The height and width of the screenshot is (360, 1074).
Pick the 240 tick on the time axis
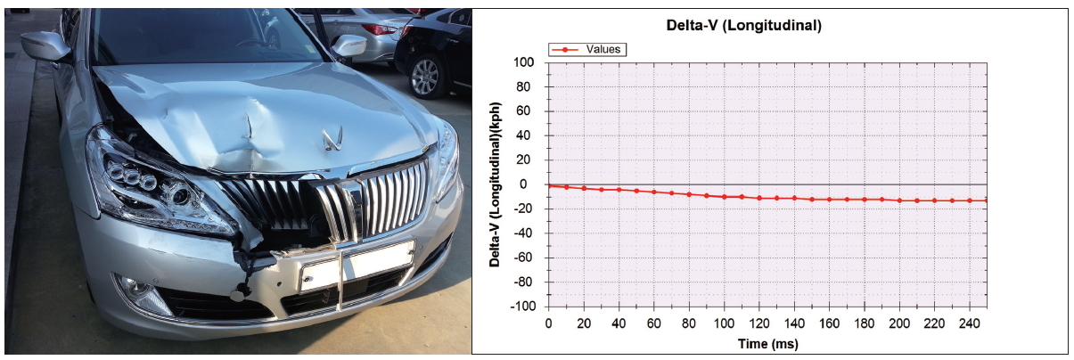point(969,322)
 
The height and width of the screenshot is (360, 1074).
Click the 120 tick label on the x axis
point(758,322)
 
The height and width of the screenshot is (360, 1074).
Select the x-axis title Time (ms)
point(767,343)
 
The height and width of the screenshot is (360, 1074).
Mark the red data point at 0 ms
point(549,185)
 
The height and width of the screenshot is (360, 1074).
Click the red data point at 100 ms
point(724,196)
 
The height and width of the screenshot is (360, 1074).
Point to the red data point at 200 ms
point(899,200)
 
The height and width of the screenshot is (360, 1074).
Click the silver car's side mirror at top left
point(44,46)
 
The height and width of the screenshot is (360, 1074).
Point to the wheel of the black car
point(426,75)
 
